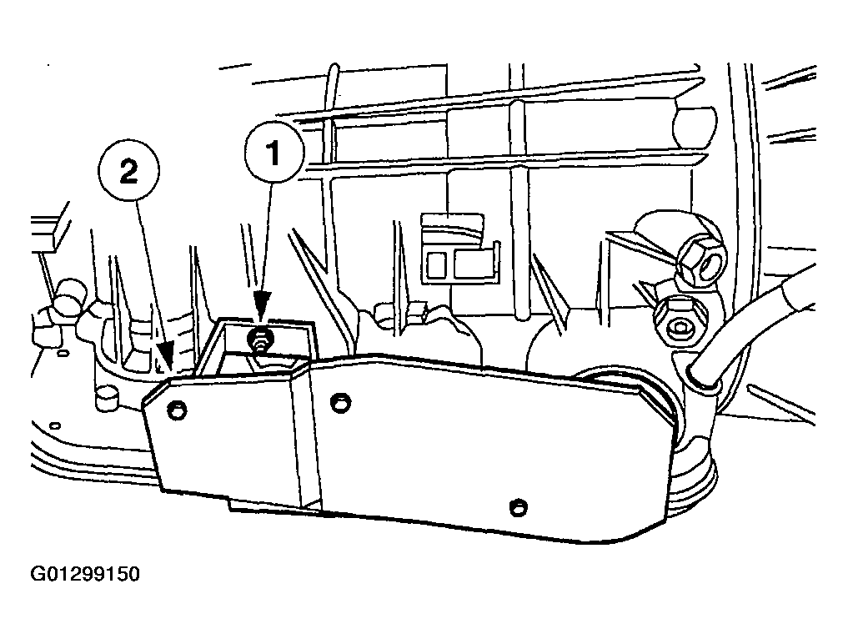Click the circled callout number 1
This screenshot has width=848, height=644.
pyautogui.click(x=273, y=153)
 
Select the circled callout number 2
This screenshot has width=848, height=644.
pyautogui.click(x=128, y=173)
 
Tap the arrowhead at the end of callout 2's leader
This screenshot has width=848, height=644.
pyautogui.click(x=165, y=358)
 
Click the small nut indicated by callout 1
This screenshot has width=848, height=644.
pyautogui.click(x=260, y=340)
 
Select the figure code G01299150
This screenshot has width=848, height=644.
pyautogui.click(x=85, y=574)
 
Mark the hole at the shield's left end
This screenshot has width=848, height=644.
pyautogui.click(x=177, y=410)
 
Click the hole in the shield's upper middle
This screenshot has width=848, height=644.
pyautogui.click(x=340, y=403)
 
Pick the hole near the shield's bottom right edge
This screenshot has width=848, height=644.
pyautogui.click(x=519, y=507)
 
